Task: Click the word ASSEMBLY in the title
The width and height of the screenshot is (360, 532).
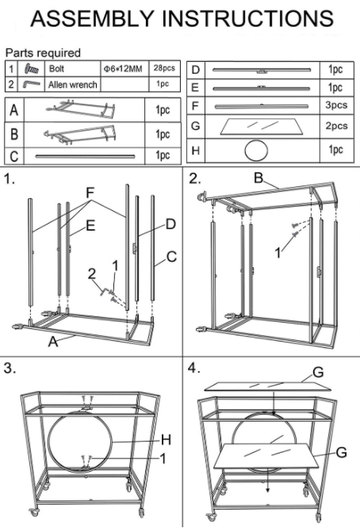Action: (x=93, y=18)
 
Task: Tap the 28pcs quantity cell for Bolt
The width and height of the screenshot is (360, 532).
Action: (x=164, y=68)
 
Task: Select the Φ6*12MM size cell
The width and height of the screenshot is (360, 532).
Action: (x=123, y=68)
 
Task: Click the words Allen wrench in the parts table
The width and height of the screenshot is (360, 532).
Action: (x=73, y=85)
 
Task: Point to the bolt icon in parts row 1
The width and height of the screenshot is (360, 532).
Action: (x=32, y=69)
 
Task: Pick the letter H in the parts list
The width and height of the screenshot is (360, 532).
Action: (x=195, y=151)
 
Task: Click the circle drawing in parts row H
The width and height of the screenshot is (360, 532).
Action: (x=256, y=151)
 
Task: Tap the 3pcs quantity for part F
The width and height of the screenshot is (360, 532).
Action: (x=336, y=105)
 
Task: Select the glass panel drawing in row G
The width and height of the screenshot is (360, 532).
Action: (x=262, y=126)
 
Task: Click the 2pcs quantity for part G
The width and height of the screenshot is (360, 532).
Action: (x=336, y=126)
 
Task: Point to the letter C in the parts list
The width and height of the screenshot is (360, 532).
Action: (x=14, y=156)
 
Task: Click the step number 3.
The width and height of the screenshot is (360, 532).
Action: (x=10, y=368)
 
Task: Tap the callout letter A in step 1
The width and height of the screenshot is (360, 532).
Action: (x=53, y=342)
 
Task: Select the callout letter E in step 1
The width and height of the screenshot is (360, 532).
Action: (x=90, y=226)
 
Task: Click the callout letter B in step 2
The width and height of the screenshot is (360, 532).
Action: (x=259, y=178)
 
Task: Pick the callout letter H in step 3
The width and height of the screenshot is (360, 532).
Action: (x=166, y=440)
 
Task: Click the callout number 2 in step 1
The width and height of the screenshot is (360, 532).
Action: (x=92, y=274)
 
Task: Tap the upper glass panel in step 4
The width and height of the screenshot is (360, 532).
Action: (x=268, y=386)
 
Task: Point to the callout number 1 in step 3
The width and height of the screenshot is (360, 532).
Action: (x=163, y=458)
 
